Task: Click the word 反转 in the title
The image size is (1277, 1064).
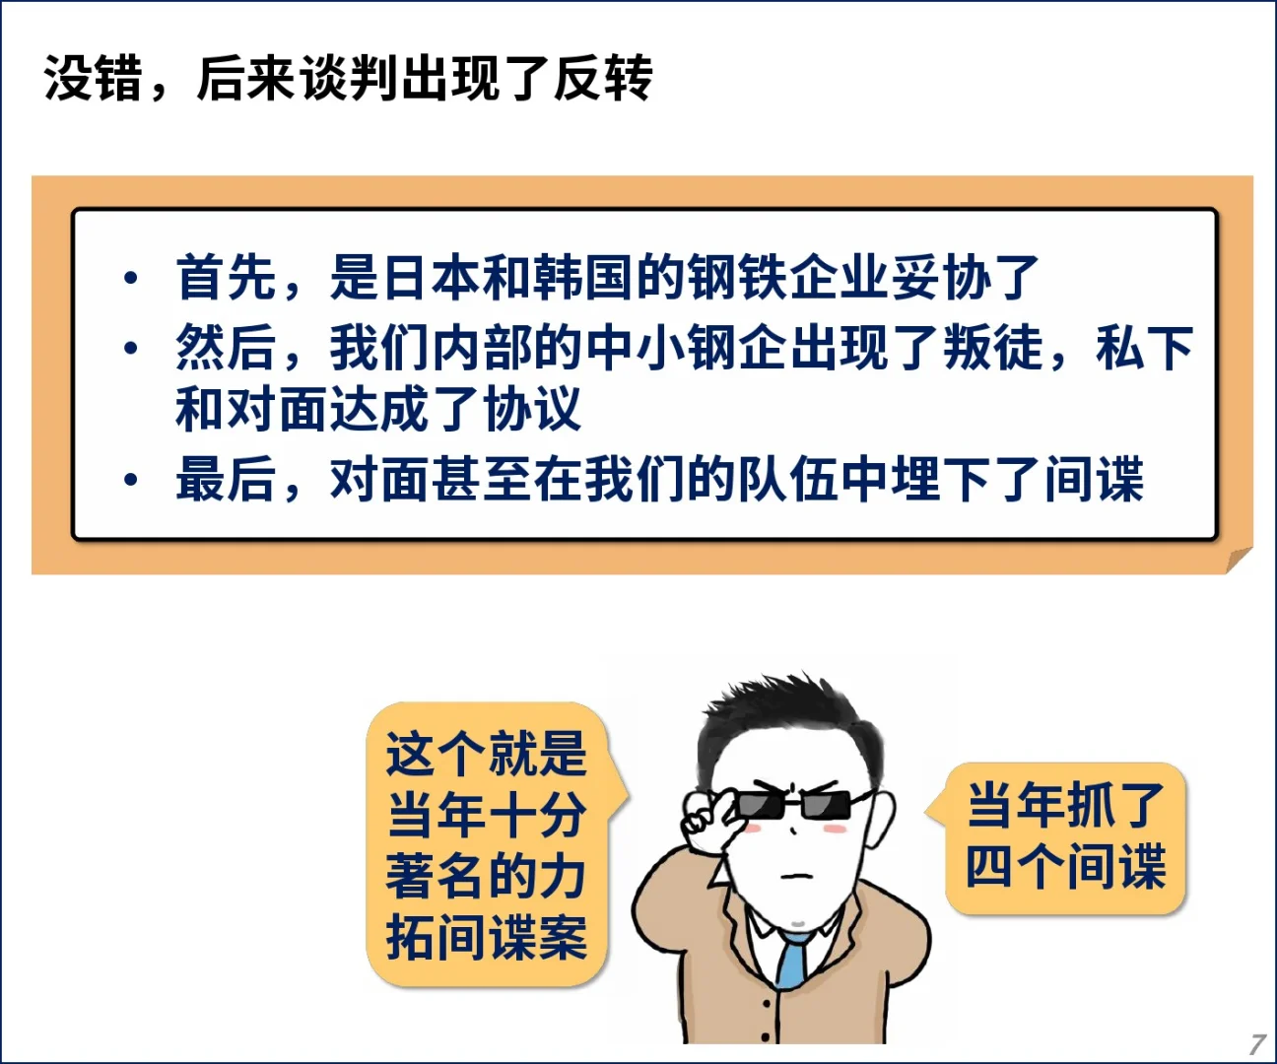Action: click(x=603, y=78)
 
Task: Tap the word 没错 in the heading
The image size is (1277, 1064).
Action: click(x=94, y=78)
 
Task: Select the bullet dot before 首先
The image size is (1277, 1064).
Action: click(x=130, y=278)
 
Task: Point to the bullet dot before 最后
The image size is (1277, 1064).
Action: click(x=130, y=481)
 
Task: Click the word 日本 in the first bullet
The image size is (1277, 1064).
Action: click(x=432, y=277)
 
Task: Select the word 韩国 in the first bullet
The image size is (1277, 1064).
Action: click(x=585, y=277)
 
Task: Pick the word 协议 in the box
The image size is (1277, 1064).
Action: click(x=533, y=410)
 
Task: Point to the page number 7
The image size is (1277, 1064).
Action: click(x=1256, y=1044)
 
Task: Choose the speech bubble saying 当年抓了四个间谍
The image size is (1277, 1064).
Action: click(x=1064, y=837)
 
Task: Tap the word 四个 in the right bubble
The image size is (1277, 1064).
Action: click(x=1015, y=867)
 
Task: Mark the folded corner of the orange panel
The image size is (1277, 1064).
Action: click(x=1239, y=560)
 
